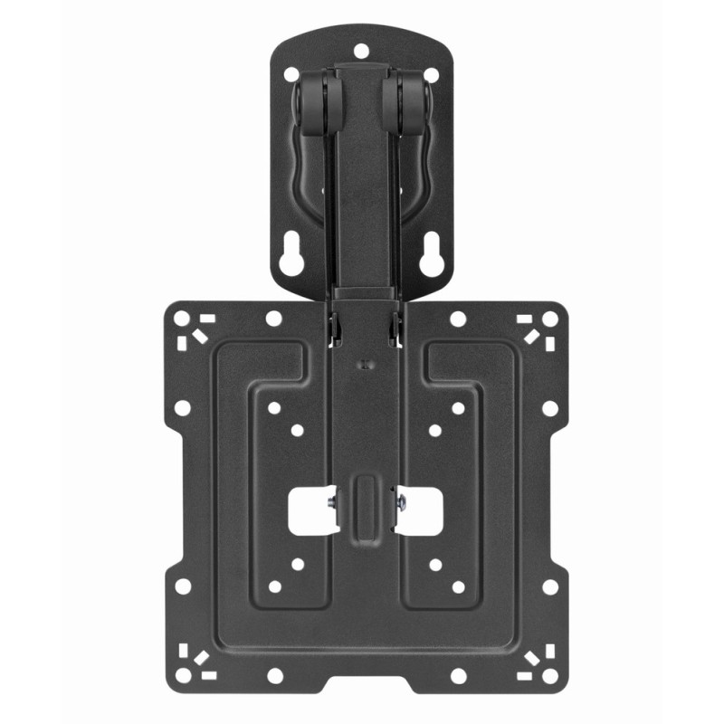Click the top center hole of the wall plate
point(360,49)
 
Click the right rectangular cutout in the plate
point(419,511)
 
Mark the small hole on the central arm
point(363,366)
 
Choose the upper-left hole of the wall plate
point(291,74)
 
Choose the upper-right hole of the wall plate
point(431,74)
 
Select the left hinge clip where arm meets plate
point(332,328)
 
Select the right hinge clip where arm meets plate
point(395,328)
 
